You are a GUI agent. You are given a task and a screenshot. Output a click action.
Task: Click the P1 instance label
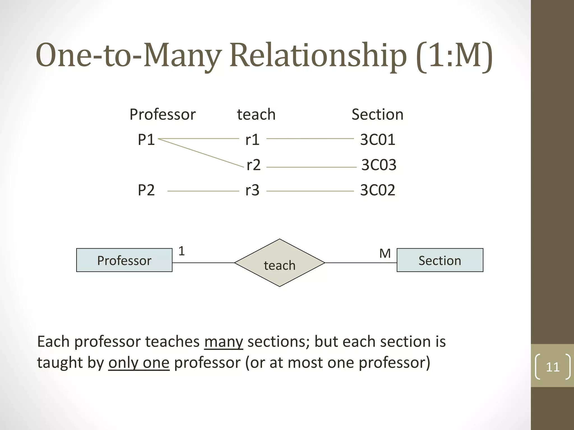[x=146, y=139]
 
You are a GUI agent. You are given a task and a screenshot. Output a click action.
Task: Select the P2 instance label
[x=146, y=190]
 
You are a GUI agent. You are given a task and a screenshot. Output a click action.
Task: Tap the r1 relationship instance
[x=252, y=139]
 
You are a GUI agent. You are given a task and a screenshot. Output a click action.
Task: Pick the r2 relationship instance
[x=253, y=165]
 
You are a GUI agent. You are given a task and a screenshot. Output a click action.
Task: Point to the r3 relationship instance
[x=252, y=190]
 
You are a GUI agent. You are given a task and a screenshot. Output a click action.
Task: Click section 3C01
[x=378, y=139]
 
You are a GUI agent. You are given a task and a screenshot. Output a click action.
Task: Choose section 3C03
[x=379, y=165]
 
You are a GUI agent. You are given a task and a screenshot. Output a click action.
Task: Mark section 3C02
[x=378, y=190]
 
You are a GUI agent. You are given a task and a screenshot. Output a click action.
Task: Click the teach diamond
[x=279, y=263]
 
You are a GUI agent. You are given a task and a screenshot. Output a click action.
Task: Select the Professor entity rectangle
[x=124, y=260]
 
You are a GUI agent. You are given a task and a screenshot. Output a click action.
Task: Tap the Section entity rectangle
[x=440, y=260]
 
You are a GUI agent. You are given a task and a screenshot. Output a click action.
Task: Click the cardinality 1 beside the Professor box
[x=182, y=251]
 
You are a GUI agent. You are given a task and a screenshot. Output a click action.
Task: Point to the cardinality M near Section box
[x=385, y=253]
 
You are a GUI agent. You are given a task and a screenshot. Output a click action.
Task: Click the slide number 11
[x=552, y=367]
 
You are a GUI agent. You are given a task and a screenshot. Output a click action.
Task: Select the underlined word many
[x=223, y=342]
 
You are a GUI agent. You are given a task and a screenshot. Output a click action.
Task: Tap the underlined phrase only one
[x=139, y=363]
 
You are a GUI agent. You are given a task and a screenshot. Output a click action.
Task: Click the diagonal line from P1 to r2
[x=201, y=153]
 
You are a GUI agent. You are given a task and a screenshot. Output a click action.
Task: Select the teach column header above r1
[x=256, y=114]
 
